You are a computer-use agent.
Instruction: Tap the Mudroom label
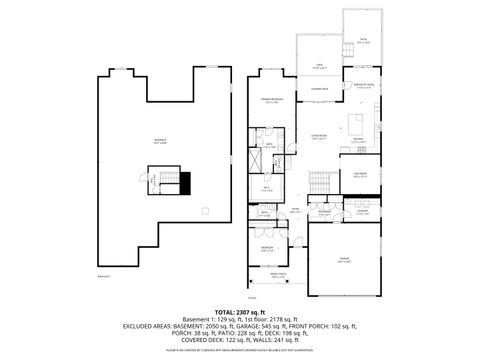[x=325, y=212]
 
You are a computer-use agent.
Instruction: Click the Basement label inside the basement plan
[x=160, y=140]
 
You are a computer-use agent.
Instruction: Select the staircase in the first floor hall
[x=319, y=182]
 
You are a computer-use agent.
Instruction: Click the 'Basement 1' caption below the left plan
[x=105, y=276]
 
